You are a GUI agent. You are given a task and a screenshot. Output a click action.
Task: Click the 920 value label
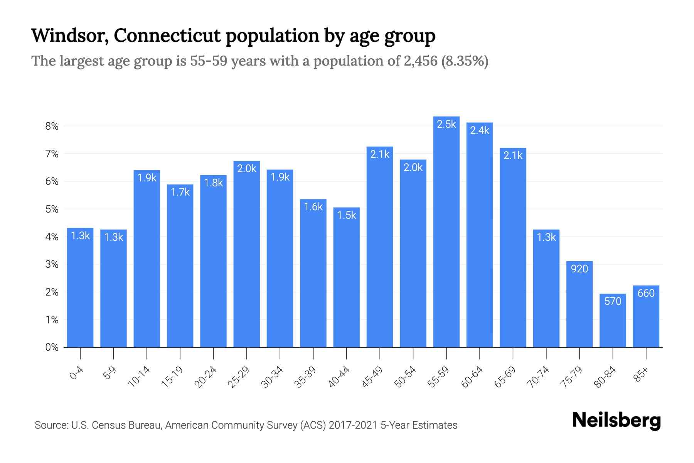pyautogui.click(x=579, y=269)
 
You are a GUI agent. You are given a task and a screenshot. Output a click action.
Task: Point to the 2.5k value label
pyautogui.click(x=446, y=124)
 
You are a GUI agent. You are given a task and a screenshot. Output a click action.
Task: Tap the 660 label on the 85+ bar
pyautogui.click(x=646, y=293)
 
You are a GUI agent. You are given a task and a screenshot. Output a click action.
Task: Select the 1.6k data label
pyautogui.click(x=313, y=207)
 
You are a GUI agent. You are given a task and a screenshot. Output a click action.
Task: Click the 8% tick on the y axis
pyautogui.click(x=52, y=126)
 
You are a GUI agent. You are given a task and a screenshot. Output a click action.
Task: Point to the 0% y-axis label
pyautogui.click(x=52, y=347)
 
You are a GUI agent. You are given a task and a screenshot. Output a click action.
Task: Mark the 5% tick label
pyautogui.click(x=52, y=209)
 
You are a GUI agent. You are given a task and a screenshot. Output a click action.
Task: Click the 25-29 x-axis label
pyautogui.click(x=239, y=377)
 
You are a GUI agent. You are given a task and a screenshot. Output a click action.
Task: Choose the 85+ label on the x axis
pyautogui.click(x=642, y=375)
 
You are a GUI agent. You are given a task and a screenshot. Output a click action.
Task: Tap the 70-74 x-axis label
pyautogui.click(x=538, y=377)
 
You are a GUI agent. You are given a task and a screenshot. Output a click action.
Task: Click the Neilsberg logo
pyautogui.click(x=616, y=421)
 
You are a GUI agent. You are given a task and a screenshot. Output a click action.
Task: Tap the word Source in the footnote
pyautogui.click(x=50, y=425)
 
